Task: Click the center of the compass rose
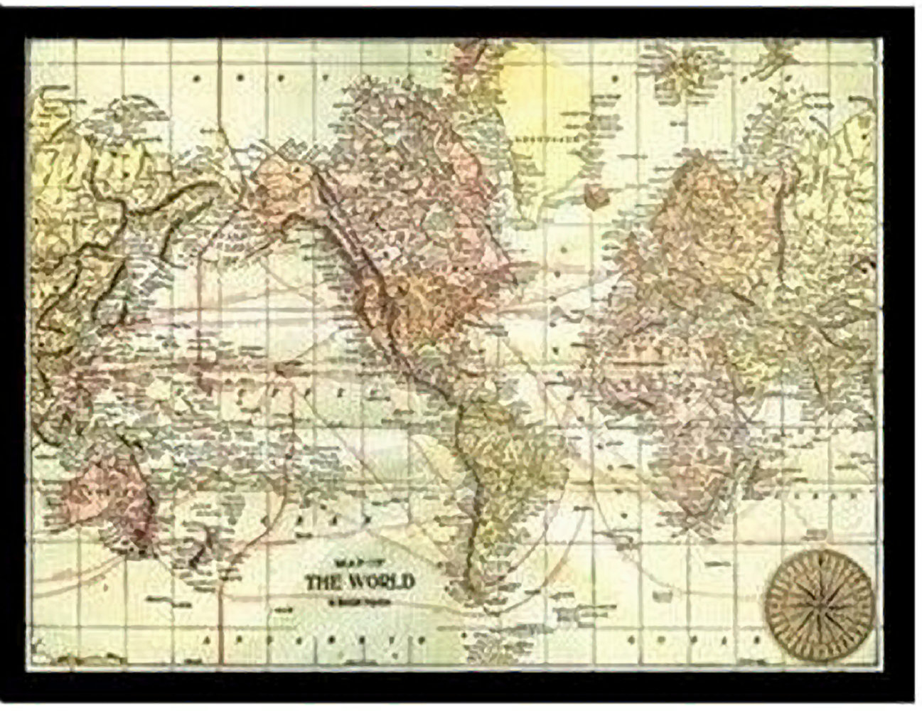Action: point(818,599)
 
